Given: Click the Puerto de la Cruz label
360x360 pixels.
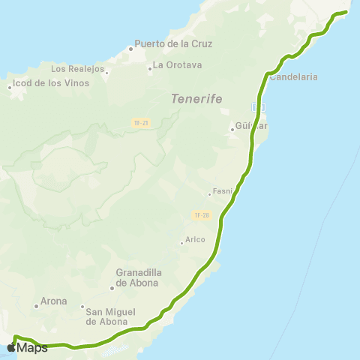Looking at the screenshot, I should click(173, 43).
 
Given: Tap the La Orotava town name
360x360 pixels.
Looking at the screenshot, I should click(178, 65).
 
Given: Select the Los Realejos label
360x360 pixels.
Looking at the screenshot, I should click(76, 68).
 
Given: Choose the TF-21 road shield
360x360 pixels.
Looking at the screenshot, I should click(139, 122).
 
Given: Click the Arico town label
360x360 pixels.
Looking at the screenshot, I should click(195, 241).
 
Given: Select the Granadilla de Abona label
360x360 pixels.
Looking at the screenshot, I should click(138, 277).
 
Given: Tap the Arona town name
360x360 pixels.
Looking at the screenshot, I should click(54, 301).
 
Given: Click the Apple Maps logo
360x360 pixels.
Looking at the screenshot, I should click(27, 347).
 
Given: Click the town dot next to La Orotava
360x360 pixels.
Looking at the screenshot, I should click(150, 65).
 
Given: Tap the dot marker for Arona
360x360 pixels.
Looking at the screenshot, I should click(36, 306).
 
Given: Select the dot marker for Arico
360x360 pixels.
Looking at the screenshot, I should click(181, 241).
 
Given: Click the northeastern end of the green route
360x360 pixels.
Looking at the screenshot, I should click(347, 12).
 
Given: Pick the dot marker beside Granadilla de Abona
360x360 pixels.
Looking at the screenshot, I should click(112, 287).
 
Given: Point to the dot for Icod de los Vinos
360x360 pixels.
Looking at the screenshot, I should click(10, 87).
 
